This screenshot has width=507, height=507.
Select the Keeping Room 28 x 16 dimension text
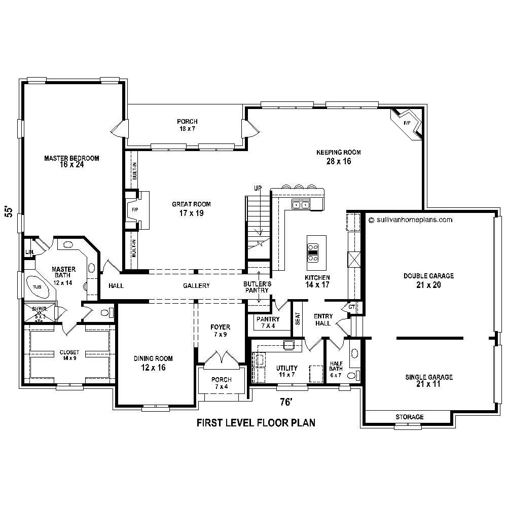pos(339,162)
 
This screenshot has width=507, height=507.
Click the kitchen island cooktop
pos(313,252)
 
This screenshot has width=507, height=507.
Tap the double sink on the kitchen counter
pos(301,205)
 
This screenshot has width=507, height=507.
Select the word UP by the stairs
pos(258,189)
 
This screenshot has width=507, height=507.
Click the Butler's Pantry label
pos(257,287)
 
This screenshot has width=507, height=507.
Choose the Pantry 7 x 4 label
pos(267,322)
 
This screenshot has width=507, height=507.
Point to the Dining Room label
pos(150,363)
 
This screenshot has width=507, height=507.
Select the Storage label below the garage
pos(409,417)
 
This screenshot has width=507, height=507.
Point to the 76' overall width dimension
pos(287,402)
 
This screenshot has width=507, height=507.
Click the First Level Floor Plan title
pos(256,423)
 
